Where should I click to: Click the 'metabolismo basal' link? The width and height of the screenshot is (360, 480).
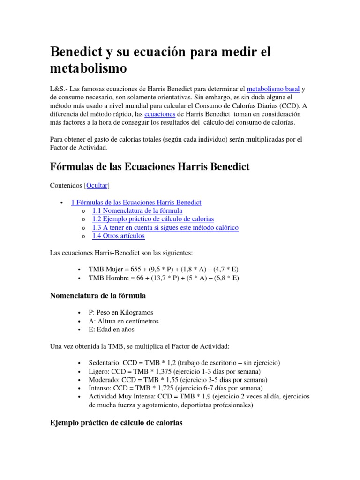pos(273,89)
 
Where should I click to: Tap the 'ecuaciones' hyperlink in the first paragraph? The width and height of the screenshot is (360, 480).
pos(159,114)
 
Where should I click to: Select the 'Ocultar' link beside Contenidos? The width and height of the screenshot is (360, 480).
pos(97,186)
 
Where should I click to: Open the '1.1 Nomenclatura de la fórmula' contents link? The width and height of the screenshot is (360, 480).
pos(137,210)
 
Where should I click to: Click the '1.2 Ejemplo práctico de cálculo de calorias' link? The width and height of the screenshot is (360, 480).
pos(153,219)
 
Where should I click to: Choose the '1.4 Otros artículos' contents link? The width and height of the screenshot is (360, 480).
pos(118,236)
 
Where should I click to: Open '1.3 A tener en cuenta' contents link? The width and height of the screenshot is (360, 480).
pos(165,227)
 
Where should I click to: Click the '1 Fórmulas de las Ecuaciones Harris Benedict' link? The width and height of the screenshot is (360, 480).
pos(136,202)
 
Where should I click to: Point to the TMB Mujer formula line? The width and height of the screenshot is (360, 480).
pos(164,270)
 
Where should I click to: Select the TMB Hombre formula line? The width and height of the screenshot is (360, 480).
pos(164,278)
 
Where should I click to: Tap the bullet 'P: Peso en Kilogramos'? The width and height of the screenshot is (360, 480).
pos(121,312)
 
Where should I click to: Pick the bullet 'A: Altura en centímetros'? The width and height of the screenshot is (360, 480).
pos(124,321)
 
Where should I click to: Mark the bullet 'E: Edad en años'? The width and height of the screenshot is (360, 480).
pos(111,330)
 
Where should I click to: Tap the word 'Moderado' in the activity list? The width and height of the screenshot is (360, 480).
pos(103,380)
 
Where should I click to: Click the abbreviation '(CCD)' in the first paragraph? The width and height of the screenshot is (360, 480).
pos(291,105)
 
